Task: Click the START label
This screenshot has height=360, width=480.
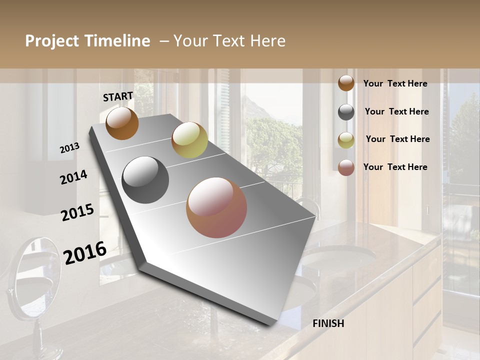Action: pos(118,96)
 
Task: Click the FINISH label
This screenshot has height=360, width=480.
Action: pos(328,323)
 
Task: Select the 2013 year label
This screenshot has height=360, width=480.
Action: pos(69,148)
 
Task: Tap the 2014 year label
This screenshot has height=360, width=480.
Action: pos(73,177)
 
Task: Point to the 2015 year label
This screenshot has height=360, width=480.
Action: pos(77,212)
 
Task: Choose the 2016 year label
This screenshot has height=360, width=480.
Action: pos(85,252)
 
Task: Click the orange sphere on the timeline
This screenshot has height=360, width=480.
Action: pos(122,123)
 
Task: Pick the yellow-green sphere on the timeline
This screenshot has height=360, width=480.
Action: pos(189,140)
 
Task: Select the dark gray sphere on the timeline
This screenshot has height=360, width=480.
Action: pos(145,180)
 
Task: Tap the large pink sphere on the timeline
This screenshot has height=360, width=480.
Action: pos(216,207)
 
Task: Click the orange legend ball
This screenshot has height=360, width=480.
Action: pos(346,83)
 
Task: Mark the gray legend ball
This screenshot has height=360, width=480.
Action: pos(346,112)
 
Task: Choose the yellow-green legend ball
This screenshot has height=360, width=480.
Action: pos(346,140)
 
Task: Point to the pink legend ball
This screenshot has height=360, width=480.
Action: pos(346,167)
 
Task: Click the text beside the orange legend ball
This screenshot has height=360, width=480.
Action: pos(395,83)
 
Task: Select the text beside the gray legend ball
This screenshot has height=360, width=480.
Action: pos(396,111)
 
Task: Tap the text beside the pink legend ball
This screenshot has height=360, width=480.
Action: pos(395,167)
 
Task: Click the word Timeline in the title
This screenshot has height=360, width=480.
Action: pos(117,41)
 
